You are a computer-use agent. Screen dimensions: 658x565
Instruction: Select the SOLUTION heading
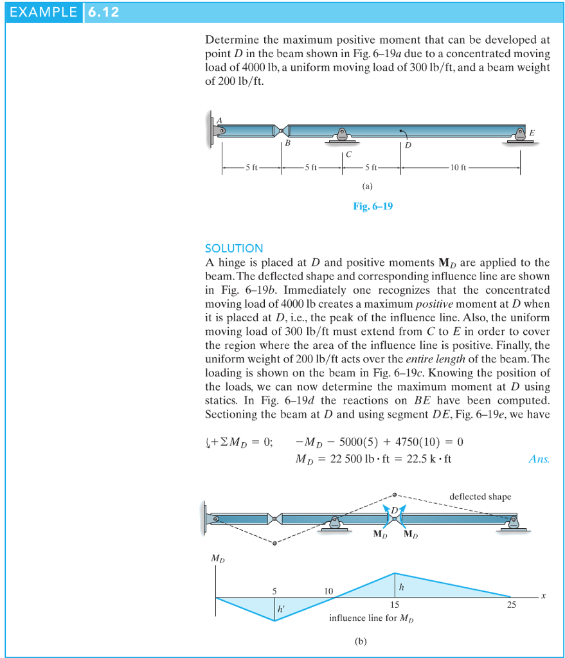[234, 248]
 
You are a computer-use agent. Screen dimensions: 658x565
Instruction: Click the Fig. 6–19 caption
[373, 206]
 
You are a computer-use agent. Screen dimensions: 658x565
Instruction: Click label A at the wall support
[219, 119]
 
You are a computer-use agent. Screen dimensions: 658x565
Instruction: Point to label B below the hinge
[288, 145]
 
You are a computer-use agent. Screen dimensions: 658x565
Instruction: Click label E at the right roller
[531, 132]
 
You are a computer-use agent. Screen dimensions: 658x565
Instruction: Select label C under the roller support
[348, 154]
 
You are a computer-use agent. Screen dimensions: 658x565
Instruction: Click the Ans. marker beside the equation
[537, 459]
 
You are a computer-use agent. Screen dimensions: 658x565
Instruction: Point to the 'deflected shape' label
[480, 497]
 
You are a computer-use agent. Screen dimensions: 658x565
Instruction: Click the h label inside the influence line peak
[402, 586]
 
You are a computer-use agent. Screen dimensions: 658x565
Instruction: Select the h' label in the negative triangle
[281, 608]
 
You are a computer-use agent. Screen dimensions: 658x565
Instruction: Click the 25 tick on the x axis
[511, 604]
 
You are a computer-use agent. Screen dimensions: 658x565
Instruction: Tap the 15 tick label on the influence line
[394, 604]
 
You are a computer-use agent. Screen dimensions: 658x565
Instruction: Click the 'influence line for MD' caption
[372, 619]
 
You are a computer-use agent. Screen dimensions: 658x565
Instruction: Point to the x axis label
[543, 596]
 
